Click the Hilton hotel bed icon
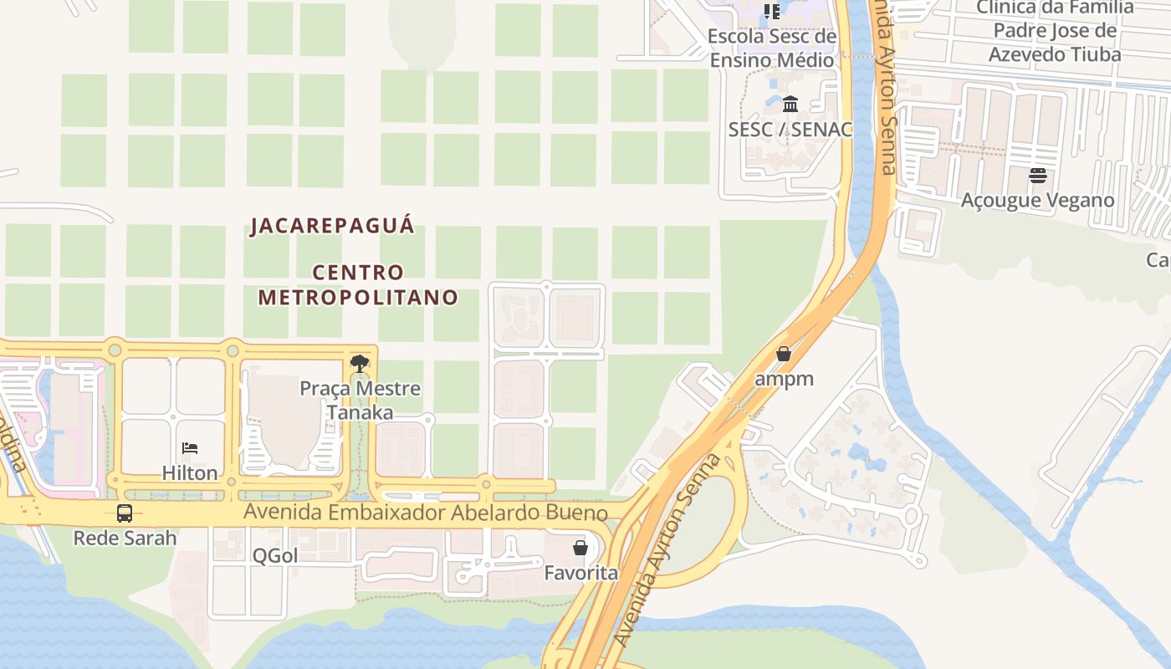pyautogui.click(x=190, y=448)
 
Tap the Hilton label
pyautogui.click(x=190, y=472)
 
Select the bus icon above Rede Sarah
pyautogui.click(x=125, y=513)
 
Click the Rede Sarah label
pyautogui.click(x=125, y=538)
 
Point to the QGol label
pyautogui.click(x=275, y=555)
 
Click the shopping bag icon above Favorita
pyautogui.click(x=580, y=549)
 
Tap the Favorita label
pyautogui.click(x=580, y=573)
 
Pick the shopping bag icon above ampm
pyautogui.click(x=784, y=354)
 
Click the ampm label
pyautogui.click(x=784, y=379)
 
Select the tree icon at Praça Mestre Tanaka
pyautogui.click(x=360, y=364)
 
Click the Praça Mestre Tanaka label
pyautogui.click(x=360, y=401)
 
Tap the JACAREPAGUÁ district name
pyautogui.click(x=332, y=226)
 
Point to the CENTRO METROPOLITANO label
pyautogui.click(x=358, y=284)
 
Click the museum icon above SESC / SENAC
pyautogui.click(x=790, y=105)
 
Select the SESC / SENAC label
pyautogui.click(x=790, y=130)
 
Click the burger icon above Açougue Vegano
pyautogui.click(x=1038, y=176)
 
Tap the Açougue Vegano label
pyautogui.click(x=1038, y=201)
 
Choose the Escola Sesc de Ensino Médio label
pyautogui.click(x=772, y=49)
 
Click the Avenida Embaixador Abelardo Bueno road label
pyautogui.click(x=439, y=513)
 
